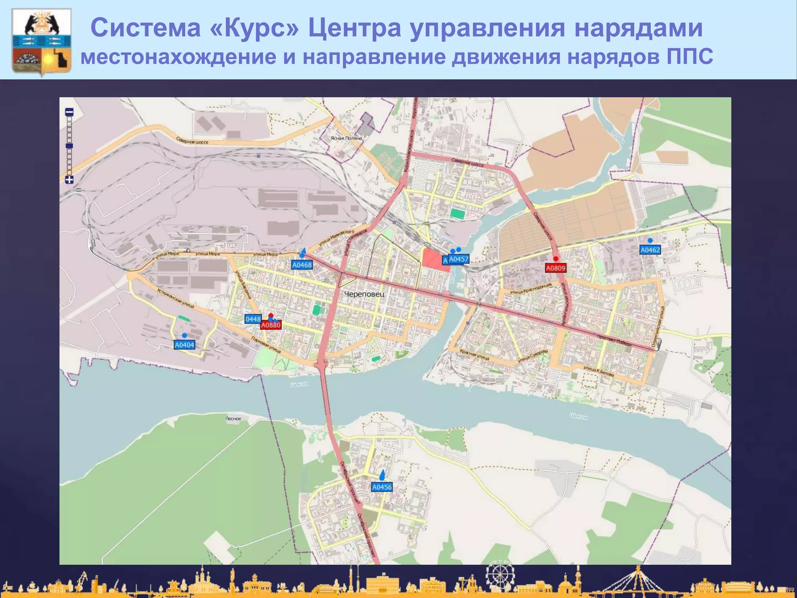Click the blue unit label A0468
click(x=302, y=265)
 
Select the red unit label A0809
click(x=555, y=268)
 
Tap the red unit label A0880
click(x=271, y=325)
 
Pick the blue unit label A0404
click(x=184, y=345)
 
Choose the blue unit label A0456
click(x=382, y=487)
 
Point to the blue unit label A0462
click(x=650, y=250)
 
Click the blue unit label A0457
click(x=459, y=259)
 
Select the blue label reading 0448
click(x=253, y=319)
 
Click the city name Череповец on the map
click(x=364, y=294)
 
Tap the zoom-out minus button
click(x=69, y=112)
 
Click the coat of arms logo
click(x=42, y=41)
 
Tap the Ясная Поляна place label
click(x=346, y=138)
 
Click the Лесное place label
click(x=233, y=419)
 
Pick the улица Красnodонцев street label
click(x=531, y=288)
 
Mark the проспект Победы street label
click(x=614, y=340)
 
